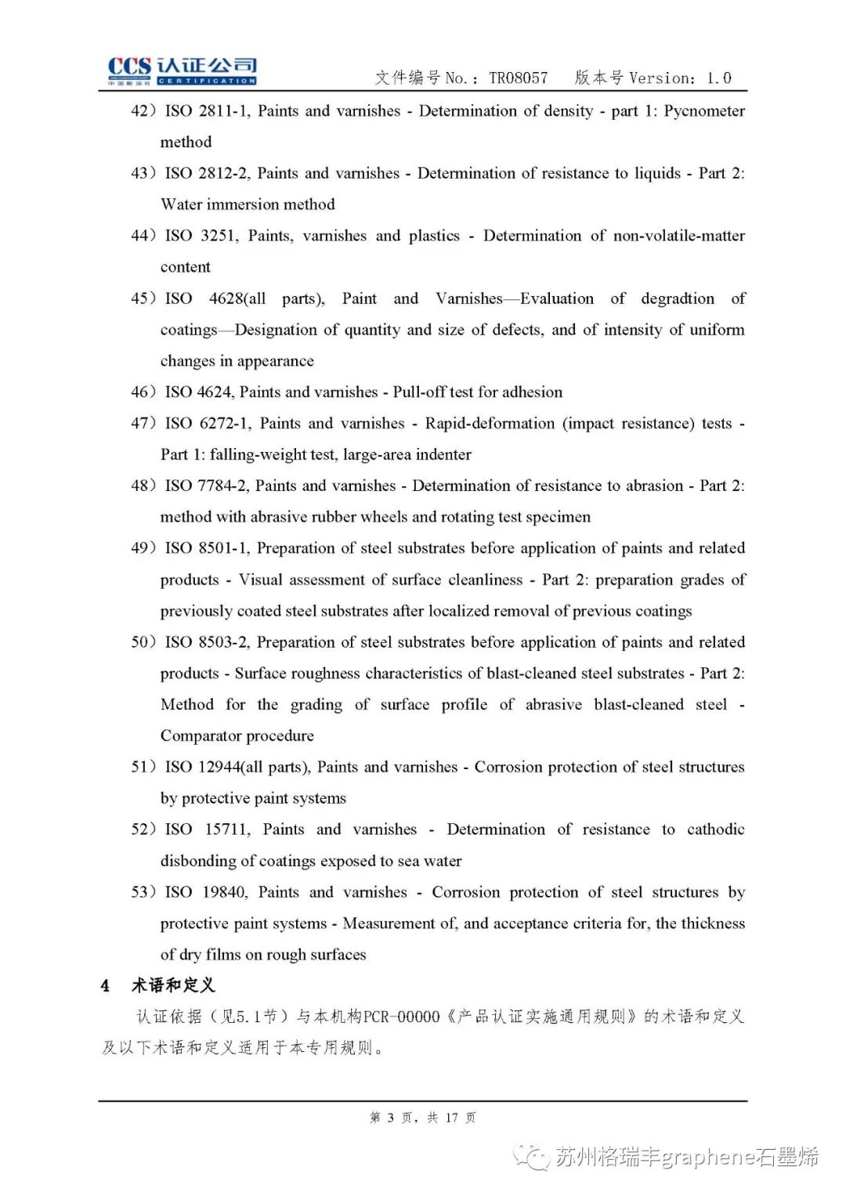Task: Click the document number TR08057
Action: tap(518, 78)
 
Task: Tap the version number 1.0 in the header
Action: tap(718, 78)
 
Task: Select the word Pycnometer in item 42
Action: tap(703, 111)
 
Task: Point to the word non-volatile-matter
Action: tap(678, 236)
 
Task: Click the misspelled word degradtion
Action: tap(677, 298)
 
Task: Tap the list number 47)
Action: tap(143, 424)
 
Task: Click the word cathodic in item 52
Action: tap(715, 829)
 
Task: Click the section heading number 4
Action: tap(105, 985)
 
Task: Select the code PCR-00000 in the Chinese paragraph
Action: tap(402, 1017)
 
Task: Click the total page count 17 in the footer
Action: tap(451, 1118)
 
